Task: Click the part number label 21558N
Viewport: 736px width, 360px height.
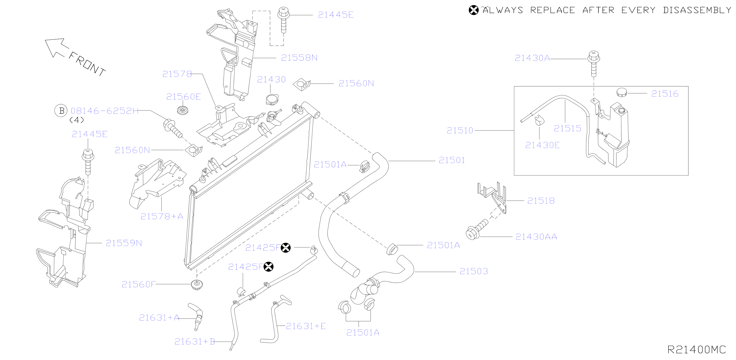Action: [299, 58]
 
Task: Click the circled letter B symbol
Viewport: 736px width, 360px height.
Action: [61, 111]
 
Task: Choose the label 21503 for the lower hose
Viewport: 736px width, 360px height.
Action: [474, 271]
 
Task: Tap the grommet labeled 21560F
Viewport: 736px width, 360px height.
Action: [197, 285]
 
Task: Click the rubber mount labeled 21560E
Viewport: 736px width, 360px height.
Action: [182, 110]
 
